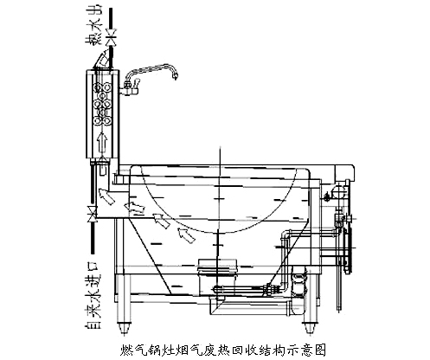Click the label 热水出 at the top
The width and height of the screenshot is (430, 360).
(93, 25)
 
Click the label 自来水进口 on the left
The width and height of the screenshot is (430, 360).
(93, 295)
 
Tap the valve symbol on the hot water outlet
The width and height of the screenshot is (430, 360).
(111, 37)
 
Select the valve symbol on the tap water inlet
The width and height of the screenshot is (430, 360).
(93, 214)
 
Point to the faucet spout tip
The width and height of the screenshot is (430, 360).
(175, 77)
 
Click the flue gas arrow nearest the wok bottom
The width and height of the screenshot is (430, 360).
(186, 235)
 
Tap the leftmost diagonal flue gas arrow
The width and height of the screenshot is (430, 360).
(106, 196)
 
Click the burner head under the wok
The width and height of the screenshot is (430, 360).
(217, 267)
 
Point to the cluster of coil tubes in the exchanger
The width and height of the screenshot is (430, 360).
(102, 104)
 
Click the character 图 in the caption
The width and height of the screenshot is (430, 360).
(319, 350)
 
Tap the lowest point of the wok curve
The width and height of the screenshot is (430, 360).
(220, 232)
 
